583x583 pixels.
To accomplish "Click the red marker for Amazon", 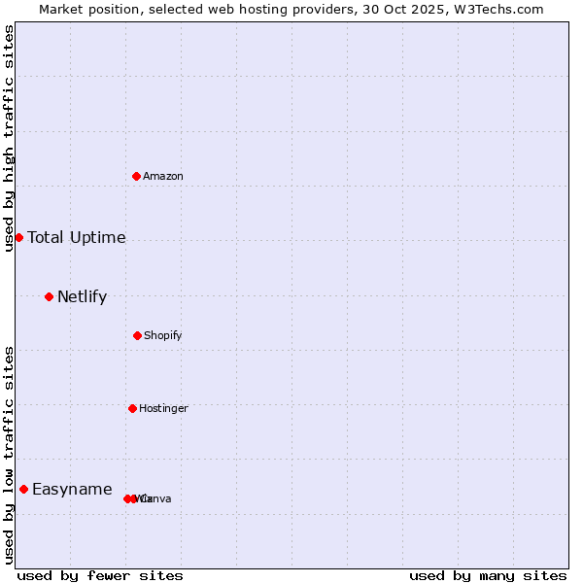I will [x=137, y=176].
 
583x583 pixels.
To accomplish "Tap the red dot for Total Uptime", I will [x=18, y=237].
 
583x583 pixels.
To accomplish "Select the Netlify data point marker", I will [x=49, y=296].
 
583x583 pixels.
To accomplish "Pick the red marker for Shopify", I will [x=137, y=335].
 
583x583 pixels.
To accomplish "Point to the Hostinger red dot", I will [x=132, y=408].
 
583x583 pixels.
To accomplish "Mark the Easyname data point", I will [x=23, y=489].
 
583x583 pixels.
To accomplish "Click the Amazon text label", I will [x=163, y=176].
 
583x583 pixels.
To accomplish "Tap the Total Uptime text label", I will [x=77, y=237].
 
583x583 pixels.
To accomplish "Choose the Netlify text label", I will [x=83, y=296].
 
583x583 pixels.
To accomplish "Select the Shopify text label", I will [x=163, y=335].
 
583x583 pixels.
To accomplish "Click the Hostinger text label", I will [x=163, y=408].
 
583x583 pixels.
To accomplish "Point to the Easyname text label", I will [x=72, y=489].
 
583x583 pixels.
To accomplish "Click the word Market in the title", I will [x=62, y=9].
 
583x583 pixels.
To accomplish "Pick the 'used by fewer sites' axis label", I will [x=100, y=575].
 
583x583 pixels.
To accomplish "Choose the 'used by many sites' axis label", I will [x=488, y=575].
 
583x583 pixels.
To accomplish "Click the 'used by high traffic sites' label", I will [x=9, y=138].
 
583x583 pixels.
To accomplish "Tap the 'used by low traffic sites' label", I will [x=9, y=455].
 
